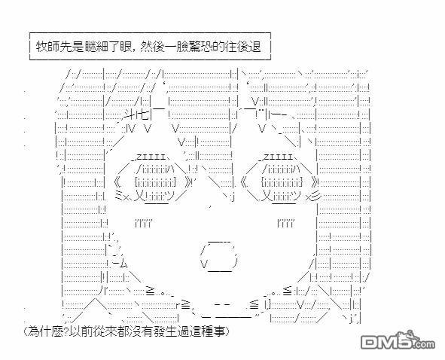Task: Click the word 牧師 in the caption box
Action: click(47, 46)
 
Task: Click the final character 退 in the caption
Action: click(256, 46)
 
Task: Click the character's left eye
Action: click(154, 181)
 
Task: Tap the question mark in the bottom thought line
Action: click(66, 331)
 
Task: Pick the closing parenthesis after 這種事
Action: click(227, 331)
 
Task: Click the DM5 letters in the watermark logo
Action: click(386, 341)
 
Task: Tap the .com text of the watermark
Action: click(423, 345)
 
